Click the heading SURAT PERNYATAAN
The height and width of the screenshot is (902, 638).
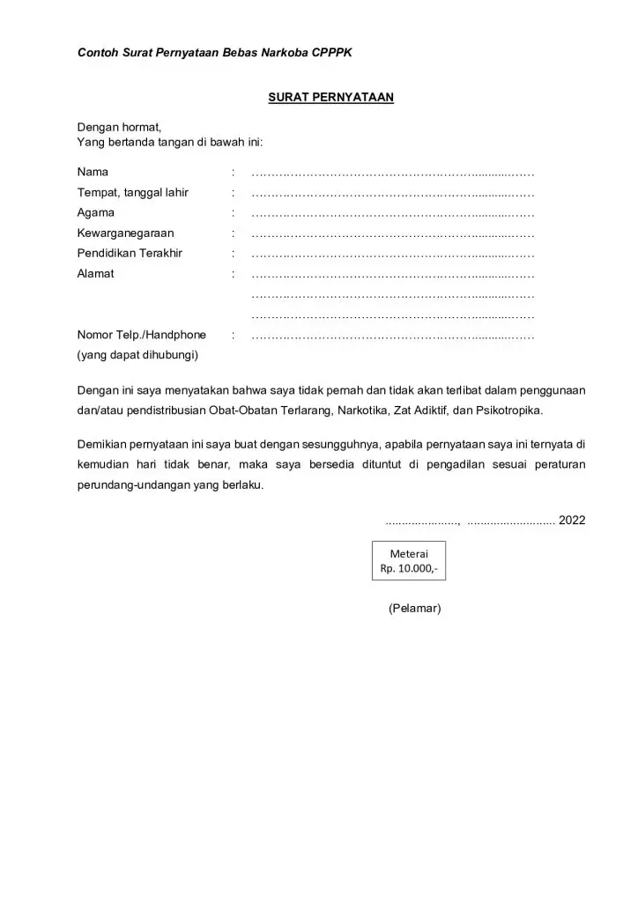[x=330, y=98]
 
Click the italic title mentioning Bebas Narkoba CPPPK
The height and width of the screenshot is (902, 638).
[x=214, y=54]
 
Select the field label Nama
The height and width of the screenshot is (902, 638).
[x=93, y=172]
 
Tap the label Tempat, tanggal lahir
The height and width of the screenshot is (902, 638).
[x=132, y=192]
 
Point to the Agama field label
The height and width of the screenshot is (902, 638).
[x=95, y=212]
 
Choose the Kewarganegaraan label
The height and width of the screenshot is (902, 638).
[x=125, y=233]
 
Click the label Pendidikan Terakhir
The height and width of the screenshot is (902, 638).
[x=130, y=254]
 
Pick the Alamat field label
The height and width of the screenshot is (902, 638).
[x=95, y=274]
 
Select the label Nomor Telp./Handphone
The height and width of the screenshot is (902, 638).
[x=141, y=335]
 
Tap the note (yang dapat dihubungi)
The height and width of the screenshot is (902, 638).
[x=137, y=355]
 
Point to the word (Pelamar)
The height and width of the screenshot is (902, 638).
[x=414, y=609]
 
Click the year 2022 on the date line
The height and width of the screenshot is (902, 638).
[x=572, y=521]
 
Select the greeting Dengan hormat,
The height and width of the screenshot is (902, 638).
[x=119, y=127]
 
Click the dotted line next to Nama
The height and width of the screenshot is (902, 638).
[x=393, y=172]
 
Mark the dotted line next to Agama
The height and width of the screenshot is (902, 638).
[x=393, y=213]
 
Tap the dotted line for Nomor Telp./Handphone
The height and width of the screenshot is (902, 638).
[x=393, y=336]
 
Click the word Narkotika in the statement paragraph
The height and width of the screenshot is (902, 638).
[x=360, y=410]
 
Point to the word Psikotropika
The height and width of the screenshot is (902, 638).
[x=510, y=410]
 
